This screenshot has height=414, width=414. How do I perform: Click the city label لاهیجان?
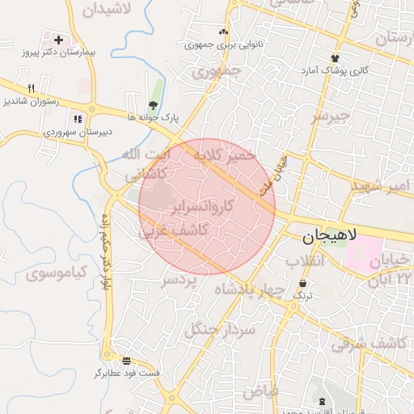pos(332,239)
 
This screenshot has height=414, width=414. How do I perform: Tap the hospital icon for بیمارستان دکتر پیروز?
pos(58,39)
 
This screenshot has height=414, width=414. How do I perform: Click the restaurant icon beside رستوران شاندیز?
pos(32,88)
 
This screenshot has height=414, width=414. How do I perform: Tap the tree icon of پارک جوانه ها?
pos(153,105)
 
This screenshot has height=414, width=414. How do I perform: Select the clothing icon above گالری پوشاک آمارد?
pos(335,58)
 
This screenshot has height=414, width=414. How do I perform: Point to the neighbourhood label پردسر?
pos(179,281)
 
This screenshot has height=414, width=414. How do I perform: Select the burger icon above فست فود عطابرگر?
pos(127,361)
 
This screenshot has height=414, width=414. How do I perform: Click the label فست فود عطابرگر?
pos(127,374)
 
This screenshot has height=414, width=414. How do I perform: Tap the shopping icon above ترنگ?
pos(303,284)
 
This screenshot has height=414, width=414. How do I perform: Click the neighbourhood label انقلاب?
pos(306,261)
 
